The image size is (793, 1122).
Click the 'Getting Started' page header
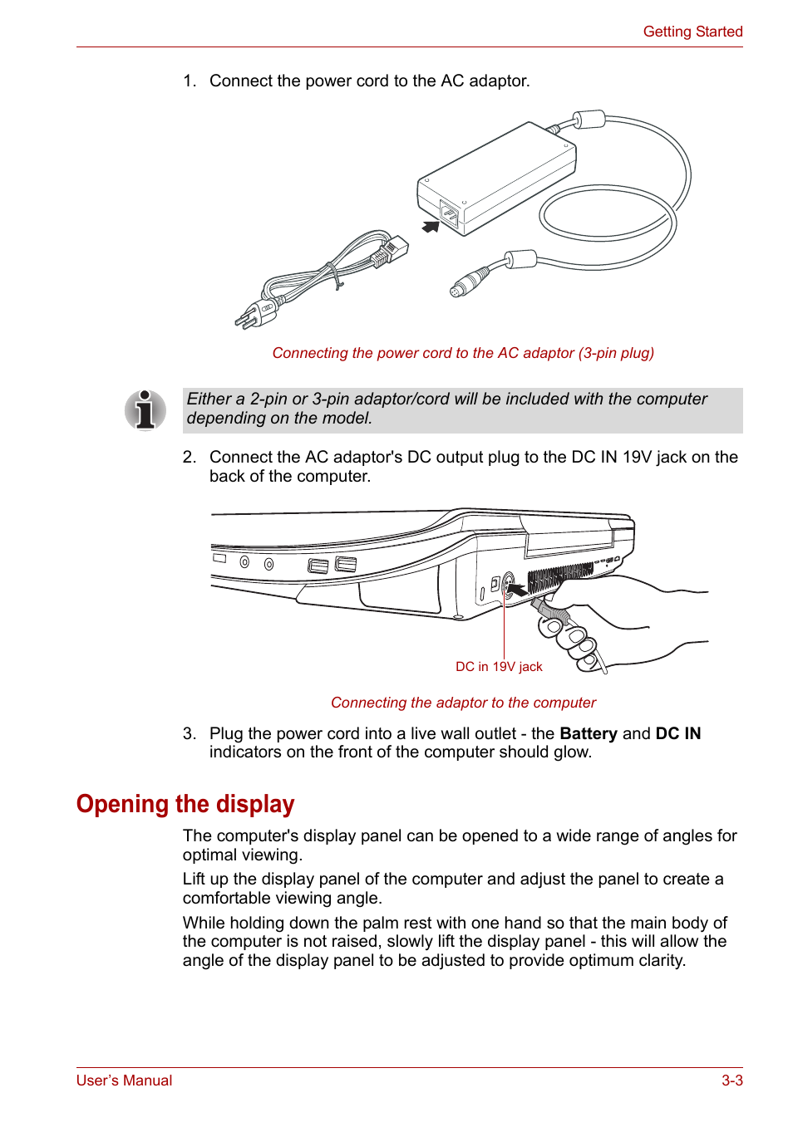[692, 32]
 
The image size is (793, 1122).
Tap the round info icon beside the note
[145, 410]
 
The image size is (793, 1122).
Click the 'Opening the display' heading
[185, 804]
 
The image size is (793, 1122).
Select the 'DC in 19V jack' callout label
[499, 667]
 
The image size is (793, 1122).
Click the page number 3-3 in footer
[731, 1080]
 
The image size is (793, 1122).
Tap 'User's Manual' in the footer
[125, 1080]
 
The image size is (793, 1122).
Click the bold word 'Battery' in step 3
[589, 733]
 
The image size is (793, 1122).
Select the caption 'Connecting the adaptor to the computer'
[463, 703]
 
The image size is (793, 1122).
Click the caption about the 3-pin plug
[463, 353]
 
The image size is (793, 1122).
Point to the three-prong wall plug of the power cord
[255, 315]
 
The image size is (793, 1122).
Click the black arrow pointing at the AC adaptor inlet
[431, 227]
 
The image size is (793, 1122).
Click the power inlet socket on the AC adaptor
[449, 215]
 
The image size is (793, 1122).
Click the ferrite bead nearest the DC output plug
[521, 259]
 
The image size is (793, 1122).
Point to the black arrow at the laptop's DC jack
[517, 590]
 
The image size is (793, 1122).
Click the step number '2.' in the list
[190, 458]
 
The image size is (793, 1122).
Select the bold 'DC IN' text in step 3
[677, 733]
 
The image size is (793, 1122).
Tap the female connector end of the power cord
[394, 250]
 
